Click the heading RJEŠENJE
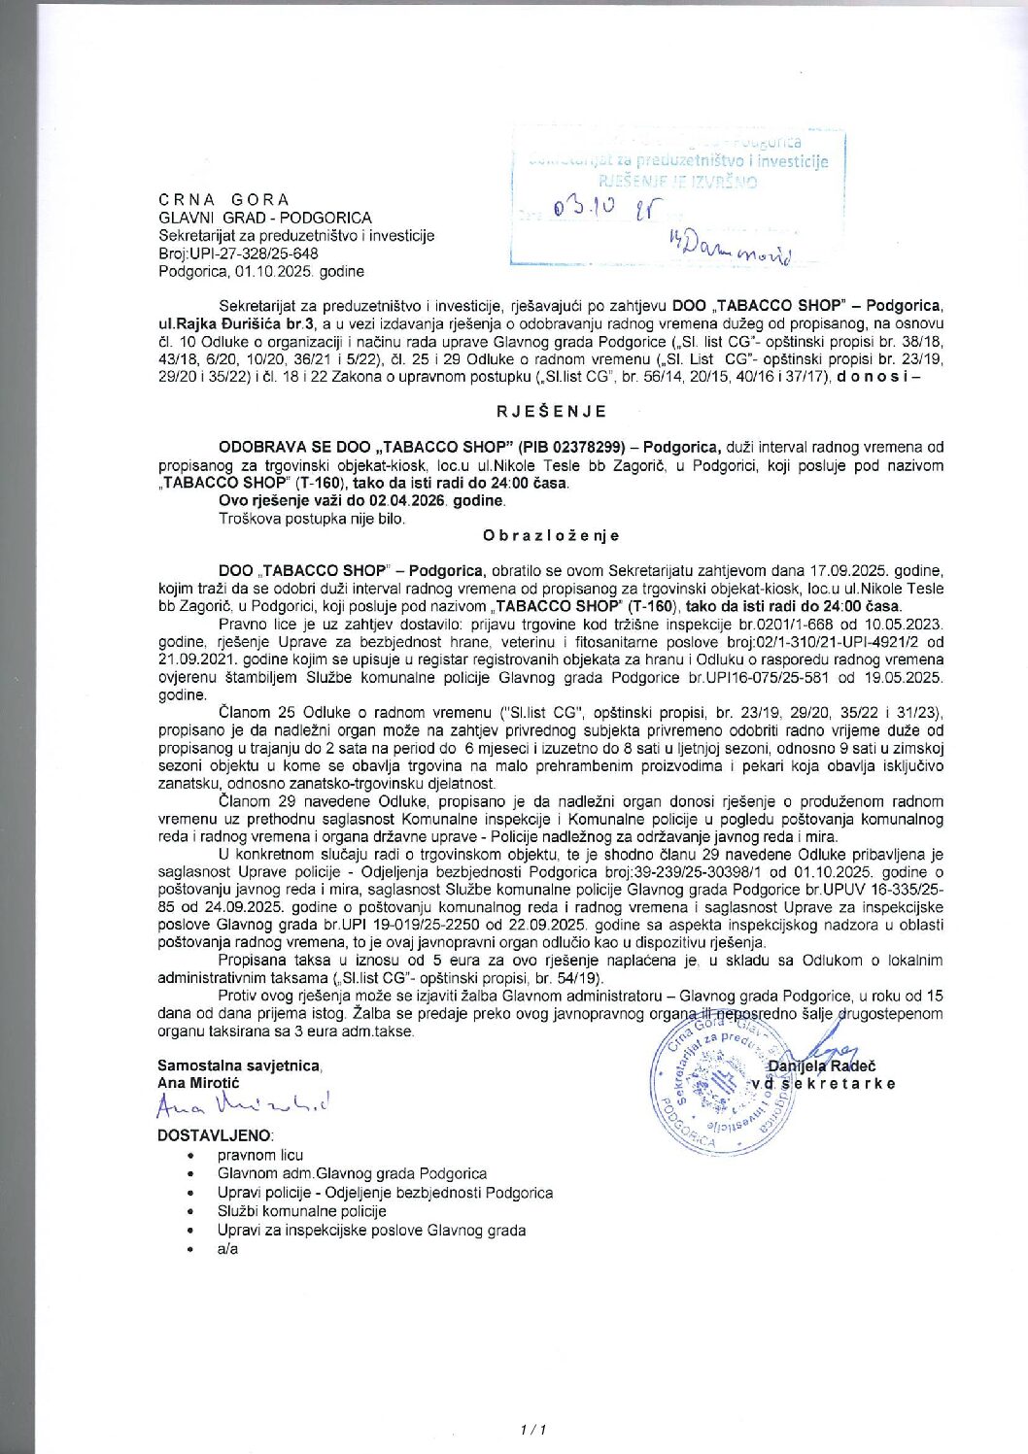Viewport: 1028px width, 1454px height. click(551, 411)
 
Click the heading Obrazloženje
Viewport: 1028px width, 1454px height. click(551, 535)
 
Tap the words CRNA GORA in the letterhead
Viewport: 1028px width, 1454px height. click(223, 199)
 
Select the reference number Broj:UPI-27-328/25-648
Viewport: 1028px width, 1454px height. click(238, 254)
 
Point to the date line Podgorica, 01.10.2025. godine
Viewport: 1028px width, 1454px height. click(261, 271)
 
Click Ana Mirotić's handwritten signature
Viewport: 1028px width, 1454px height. click(244, 1103)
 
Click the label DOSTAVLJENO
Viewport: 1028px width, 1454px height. click(215, 1134)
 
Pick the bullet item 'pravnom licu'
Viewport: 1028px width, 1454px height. click(259, 1155)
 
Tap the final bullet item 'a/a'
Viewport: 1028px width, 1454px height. click(227, 1249)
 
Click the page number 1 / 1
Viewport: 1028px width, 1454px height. click(533, 1430)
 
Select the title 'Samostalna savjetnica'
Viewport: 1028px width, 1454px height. click(238, 1065)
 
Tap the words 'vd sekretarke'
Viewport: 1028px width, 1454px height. click(822, 1084)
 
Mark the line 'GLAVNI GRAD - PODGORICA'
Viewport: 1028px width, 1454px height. click(264, 218)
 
